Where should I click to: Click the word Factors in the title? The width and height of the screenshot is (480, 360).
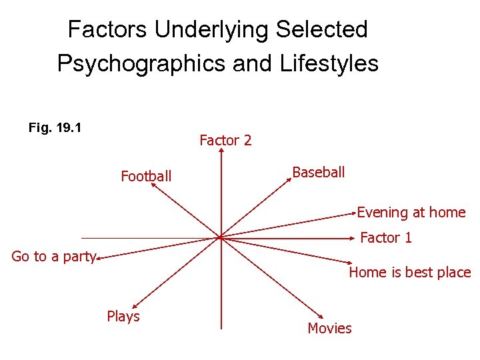click(109, 29)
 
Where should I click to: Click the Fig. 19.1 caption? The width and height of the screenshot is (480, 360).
click(55, 127)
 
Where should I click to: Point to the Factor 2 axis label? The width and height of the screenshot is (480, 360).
click(225, 140)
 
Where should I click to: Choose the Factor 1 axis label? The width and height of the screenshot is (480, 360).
click(386, 237)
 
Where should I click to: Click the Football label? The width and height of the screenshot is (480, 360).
click(146, 176)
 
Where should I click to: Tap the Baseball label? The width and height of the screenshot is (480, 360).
click(319, 172)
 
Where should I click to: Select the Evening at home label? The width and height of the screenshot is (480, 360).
click(411, 213)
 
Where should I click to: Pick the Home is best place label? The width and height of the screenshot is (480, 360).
click(410, 272)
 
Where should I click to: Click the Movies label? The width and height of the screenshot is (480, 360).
click(329, 328)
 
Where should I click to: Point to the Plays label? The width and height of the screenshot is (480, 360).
click(123, 316)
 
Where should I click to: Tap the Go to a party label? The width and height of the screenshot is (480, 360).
click(54, 257)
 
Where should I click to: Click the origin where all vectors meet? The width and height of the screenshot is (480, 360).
click(220, 237)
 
